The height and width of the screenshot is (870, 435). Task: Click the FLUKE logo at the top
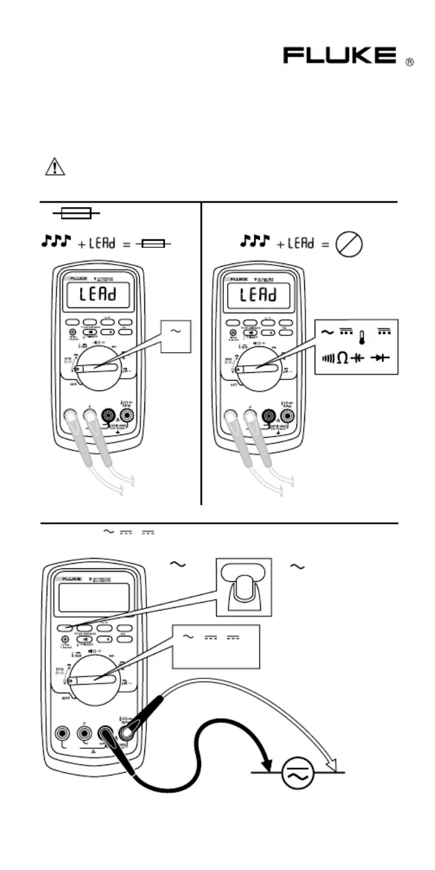(x=340, y=56)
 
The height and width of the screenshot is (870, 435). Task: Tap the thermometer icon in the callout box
(x=362, y=337)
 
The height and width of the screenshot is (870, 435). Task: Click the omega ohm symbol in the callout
(x=342, y=357)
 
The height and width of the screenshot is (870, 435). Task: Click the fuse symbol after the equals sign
(x=155, y=244)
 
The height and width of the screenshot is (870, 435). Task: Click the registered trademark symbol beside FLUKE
(x=409, y=62)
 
